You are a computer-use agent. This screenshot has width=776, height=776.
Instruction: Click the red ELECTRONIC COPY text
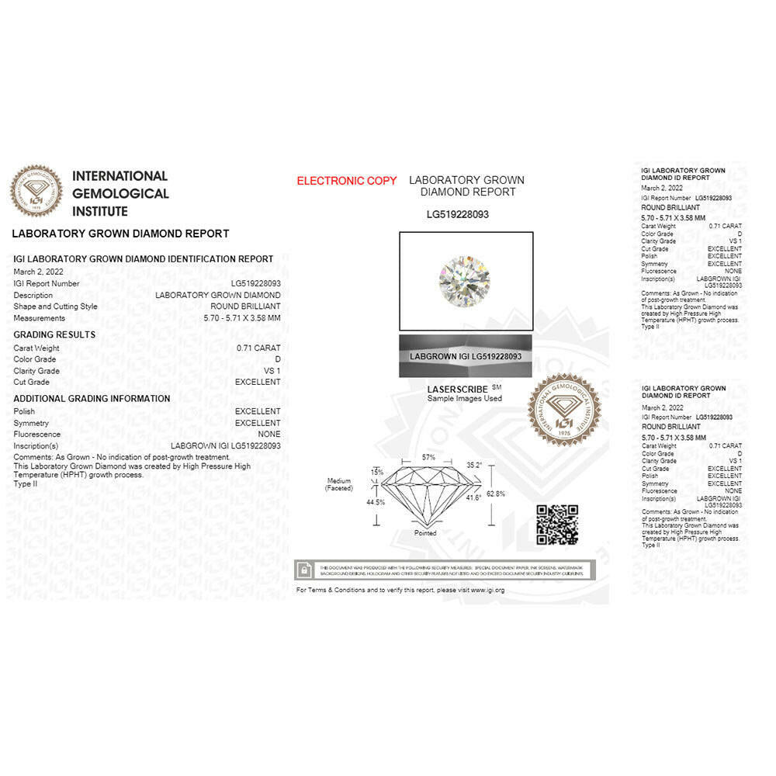(x=347, y=181)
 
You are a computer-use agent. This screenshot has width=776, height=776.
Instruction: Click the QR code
(x=557, y=525)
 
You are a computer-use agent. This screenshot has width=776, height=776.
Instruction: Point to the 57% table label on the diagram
(x=428, y=457)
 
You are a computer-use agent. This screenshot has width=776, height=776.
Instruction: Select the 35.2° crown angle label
(x=474, y=465)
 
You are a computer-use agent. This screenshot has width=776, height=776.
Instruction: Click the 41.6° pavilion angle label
(x=473, y=497)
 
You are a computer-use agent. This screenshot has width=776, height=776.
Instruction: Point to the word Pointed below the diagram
(x=425, y=533)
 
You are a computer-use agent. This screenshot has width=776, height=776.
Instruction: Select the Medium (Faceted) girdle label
(x=339, y=484)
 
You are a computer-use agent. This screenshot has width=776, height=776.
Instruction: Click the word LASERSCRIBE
(x=458, y=389)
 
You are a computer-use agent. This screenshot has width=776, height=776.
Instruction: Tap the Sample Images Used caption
(x=464, y=398)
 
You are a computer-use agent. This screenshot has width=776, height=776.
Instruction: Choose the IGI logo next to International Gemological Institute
(x=36, y=191)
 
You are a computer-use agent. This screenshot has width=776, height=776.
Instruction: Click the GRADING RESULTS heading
(x=54, y=334)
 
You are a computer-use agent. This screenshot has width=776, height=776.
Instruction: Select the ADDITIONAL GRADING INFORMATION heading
(x=92, y=398)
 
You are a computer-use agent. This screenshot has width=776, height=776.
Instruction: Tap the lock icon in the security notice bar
(x=307, y=570)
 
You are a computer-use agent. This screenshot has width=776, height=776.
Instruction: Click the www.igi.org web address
(x=487, y=591)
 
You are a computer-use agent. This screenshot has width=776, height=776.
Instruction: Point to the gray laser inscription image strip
(x=466, y=356)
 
